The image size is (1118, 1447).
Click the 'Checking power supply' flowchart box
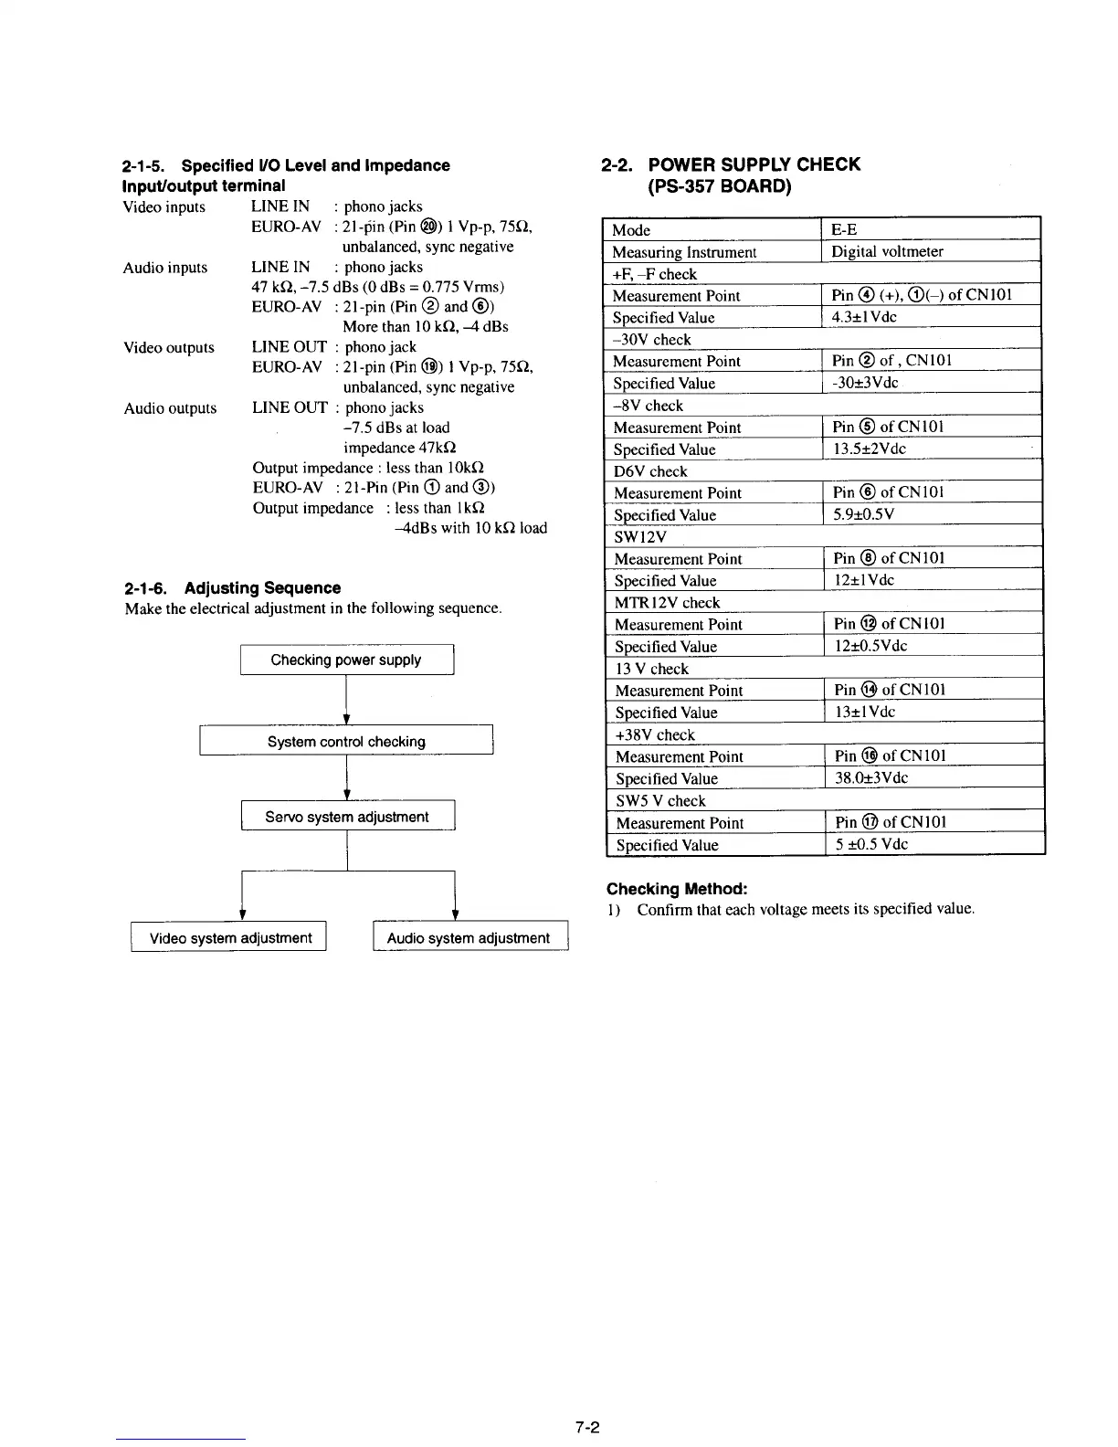coord(346,660)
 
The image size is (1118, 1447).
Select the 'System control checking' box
coord(346,741)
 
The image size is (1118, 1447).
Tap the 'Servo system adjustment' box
coord(347,817)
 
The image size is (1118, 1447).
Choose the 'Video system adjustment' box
coord(230,937)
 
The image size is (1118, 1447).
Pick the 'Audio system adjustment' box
coord(469,937)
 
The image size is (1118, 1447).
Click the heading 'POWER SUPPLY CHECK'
coord(753,164)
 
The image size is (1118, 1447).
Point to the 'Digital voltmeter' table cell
coord(886,251)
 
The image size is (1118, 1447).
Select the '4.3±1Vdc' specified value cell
coord(864,317)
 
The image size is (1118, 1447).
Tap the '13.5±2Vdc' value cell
coord(869,449)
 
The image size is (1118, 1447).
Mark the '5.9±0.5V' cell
coord(863,514)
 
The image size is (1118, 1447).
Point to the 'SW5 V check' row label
coord(660,801)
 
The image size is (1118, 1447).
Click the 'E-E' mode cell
coord(844,229)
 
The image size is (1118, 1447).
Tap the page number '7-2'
coord(585,1427)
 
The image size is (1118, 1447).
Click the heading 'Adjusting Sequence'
coord(262,588)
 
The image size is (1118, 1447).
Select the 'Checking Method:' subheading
coord(677,889)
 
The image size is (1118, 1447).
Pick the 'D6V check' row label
coord(650,471)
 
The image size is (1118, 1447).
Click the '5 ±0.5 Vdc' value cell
coord(871,844)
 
